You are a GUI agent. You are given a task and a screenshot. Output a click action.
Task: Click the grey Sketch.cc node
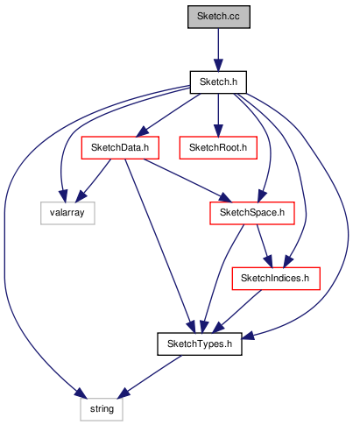[219, 17]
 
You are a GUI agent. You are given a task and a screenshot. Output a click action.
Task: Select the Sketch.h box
[218, 82]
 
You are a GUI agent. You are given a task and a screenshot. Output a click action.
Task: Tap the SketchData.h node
[120, 147]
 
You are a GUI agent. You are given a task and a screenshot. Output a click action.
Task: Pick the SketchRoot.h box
[218, 147]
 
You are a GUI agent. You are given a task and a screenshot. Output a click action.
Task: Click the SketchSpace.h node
[252, 213]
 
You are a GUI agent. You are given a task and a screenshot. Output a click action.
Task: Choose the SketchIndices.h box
[276, 279]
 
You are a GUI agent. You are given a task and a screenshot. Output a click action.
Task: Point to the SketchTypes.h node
[200, 344]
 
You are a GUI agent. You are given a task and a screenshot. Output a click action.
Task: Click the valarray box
[67, 213]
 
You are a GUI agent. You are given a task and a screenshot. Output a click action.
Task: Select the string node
[102, 409]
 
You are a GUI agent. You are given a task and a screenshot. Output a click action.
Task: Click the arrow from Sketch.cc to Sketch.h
[218, 50]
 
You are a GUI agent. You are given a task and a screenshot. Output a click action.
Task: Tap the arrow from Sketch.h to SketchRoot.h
[218, 115]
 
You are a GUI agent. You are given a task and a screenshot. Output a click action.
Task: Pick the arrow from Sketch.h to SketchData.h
[168, 115]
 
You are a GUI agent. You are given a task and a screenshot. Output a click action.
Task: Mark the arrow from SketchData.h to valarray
[93, 181]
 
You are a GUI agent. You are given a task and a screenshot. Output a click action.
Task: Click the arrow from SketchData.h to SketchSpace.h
[187, 181]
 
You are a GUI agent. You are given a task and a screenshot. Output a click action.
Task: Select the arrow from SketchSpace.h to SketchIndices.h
[265, 246]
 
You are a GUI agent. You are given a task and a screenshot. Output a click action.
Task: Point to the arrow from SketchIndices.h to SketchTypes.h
[236, 311]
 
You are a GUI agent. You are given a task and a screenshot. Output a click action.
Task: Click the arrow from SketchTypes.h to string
[150, 377]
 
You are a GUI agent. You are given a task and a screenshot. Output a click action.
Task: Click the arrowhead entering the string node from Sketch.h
[80, 393]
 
